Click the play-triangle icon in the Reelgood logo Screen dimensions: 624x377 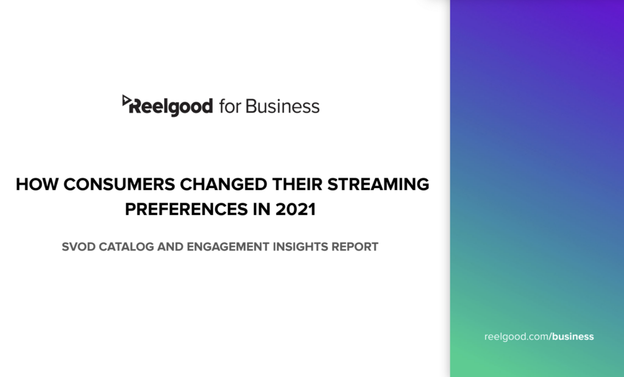[x=126, y=100]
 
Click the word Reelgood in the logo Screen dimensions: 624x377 [x=171, y=107]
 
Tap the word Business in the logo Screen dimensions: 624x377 [x=282, y=106]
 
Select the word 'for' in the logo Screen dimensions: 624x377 [x=229, y=106]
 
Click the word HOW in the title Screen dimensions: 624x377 [x=37, y=185]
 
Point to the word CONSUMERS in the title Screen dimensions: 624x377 [x=119, y=185]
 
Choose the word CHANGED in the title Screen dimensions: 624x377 [x=224, y=185]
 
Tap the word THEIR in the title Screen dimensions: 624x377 [x=297, y=185]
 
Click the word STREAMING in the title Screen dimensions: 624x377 [x=378, y=185]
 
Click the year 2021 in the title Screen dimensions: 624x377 [x=296, y=209]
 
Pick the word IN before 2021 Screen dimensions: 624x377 [x=261, y=209]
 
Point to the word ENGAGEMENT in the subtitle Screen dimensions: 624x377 [x=228, y=247]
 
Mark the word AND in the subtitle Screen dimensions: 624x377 [x=171, y=247]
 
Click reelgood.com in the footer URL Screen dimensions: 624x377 [x=517, y=337]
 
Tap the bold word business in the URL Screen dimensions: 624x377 [x=573, y=336]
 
